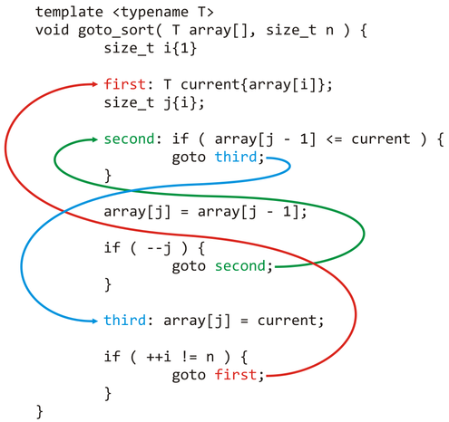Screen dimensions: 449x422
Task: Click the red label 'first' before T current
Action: [x=124, y=84]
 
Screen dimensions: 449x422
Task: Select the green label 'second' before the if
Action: [x=129, y=139]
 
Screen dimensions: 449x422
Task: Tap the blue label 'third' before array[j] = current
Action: [x=124, y=320]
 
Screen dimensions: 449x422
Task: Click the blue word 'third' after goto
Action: [x=236, y=157]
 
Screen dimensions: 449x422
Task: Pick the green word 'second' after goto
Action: [x=240, y=266]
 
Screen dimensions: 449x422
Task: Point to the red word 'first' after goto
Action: [x=236, y=375]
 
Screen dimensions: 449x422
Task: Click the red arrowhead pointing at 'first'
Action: [x=94, y=84]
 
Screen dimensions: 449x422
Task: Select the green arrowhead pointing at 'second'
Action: [x=94, y=139]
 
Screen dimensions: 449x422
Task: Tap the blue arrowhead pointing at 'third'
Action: [x=94, y=321]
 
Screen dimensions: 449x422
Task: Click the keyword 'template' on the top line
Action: [x=69, y=13]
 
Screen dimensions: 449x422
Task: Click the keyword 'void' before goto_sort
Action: [x=52, y=30]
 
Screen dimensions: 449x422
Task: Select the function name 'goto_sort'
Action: [x=116, y=31]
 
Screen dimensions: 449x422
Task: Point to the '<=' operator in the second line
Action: [x=334, y=139]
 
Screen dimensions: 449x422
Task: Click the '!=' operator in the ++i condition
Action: [x=190, y=357]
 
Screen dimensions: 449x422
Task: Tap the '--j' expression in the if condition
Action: [x=159, y=249]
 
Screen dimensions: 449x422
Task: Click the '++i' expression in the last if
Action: [x=159, y=357]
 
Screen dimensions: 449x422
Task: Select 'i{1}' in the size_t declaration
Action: [x=181, y=48]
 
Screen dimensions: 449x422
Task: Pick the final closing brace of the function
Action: [x=40, y=412]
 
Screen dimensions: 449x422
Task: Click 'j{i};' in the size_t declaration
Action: [x=184, y=103]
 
